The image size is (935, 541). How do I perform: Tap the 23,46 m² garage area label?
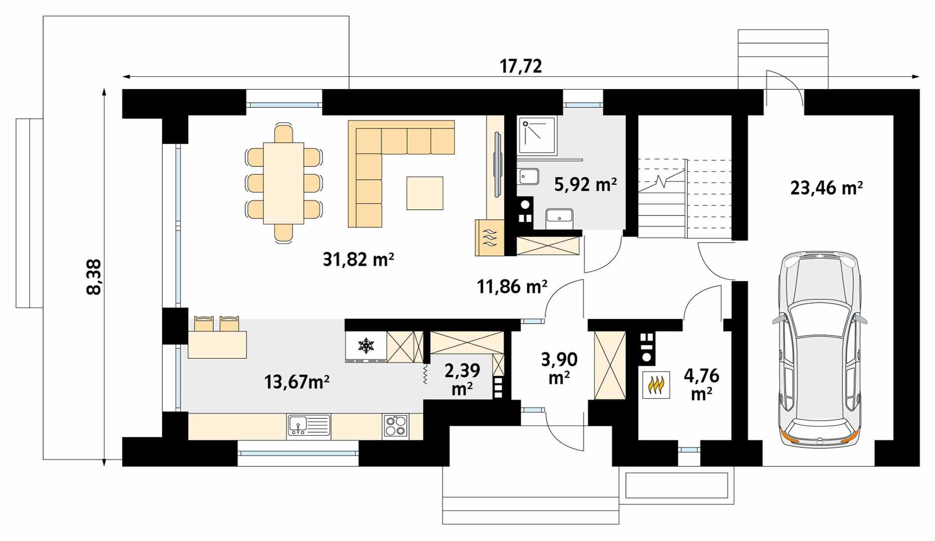[x=827, y=188]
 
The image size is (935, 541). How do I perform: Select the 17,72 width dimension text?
[x=521, y=66]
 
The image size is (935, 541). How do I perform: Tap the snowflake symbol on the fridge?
[x=366, y=346]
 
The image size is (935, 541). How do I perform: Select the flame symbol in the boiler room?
[x=656, y=385]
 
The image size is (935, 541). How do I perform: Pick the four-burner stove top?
[x=396, y=426]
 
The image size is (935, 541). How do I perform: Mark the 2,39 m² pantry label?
[x=462, y=379]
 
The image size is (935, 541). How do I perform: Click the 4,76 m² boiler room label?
[x=701, y=384]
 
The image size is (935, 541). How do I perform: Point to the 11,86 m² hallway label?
[x=512, y=286]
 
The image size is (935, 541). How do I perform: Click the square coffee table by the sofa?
[x=425, y=193]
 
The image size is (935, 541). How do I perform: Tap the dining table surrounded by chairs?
[x=283, y=183]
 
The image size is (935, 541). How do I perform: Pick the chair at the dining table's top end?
[x=283, y=133]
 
